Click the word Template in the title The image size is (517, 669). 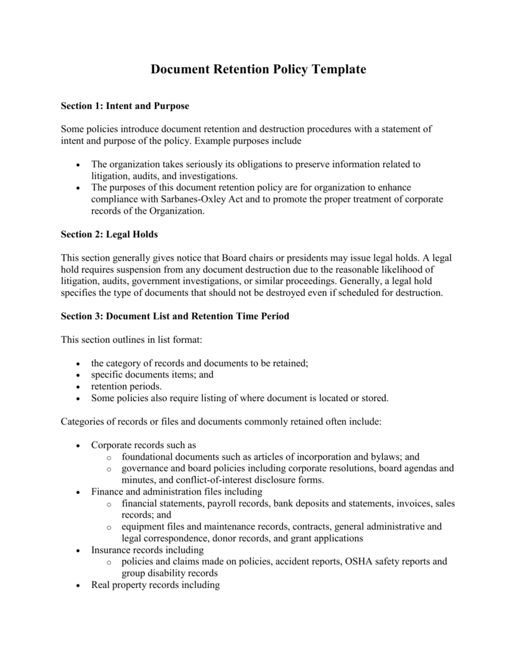(x=330, y=70)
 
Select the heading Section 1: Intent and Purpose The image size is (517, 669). (x=125, y=105)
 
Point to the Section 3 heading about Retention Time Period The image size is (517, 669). (x=175, y=316)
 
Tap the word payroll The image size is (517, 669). (x=225, y=503)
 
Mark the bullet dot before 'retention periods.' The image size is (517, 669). (x=78, y=386)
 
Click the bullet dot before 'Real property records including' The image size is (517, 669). (x=78, y=585)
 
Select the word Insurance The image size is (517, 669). (x=111, y=550)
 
